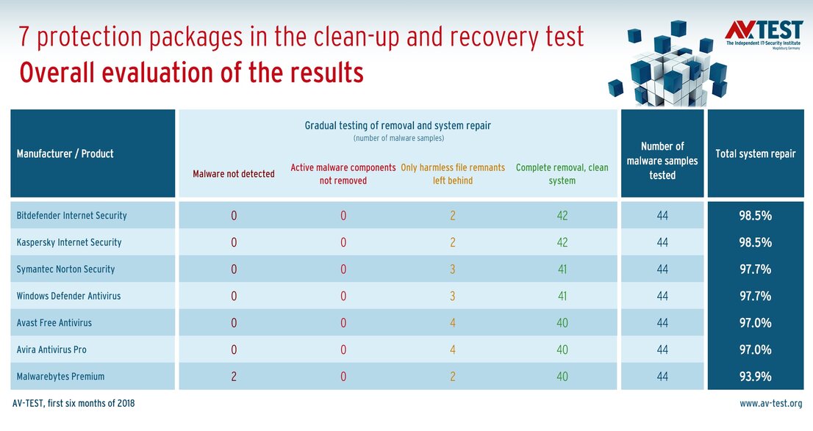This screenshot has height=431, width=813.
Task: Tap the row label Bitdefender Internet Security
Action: (71, 216)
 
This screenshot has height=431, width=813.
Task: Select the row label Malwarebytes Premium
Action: (60, 377)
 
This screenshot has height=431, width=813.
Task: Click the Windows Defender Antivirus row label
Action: (68, 296)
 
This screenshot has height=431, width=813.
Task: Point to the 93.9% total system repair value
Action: (755, 377)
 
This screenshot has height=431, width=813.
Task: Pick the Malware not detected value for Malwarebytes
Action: (234, 377)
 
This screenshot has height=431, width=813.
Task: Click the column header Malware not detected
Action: (234, 174)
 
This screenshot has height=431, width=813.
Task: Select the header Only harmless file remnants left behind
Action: (453, 174)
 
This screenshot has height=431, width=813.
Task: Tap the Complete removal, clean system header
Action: (562, 174)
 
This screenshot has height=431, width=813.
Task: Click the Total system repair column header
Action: (755, 154)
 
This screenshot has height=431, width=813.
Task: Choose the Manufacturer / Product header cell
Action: (65, 154)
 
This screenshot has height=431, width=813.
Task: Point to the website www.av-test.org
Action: (770, 403)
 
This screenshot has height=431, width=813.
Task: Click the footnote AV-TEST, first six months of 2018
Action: (74, 403)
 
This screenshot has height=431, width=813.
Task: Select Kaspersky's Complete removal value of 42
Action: (562, 242)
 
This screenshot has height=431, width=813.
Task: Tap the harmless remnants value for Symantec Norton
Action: (453, 269)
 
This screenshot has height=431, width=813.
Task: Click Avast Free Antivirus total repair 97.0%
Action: (755, 323)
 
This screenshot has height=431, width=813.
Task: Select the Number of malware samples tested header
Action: (662, 161)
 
